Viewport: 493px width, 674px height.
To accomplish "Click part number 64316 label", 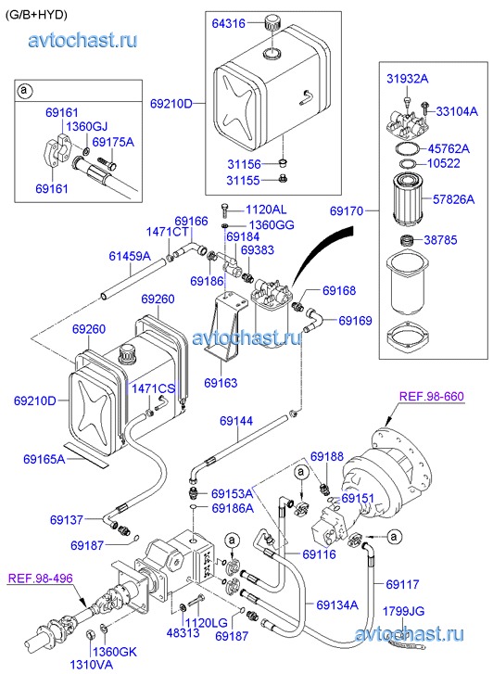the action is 228,23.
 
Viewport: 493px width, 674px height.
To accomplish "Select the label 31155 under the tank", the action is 244,180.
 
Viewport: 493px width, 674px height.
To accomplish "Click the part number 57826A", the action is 453,199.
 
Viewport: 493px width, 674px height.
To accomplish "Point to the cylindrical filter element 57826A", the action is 408,197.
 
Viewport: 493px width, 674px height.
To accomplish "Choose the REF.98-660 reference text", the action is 432,396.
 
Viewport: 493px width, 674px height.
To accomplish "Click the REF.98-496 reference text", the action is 41,579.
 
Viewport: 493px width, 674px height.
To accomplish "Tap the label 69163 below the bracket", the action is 221,383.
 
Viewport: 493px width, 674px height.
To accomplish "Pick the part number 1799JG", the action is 403,611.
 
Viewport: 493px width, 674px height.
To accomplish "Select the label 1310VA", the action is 92,665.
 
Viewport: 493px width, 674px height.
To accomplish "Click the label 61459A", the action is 130,256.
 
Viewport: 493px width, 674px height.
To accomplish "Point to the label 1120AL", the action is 266,210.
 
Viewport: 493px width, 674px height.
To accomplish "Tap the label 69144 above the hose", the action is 236,421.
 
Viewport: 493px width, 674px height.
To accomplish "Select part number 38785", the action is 440,240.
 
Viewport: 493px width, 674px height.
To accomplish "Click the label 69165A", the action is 44,459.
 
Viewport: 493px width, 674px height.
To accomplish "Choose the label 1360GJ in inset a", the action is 87,126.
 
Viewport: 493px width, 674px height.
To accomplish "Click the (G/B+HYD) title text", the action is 36,15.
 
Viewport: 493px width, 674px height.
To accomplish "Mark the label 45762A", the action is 449,148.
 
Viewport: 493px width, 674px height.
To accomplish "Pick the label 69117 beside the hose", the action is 403,584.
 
